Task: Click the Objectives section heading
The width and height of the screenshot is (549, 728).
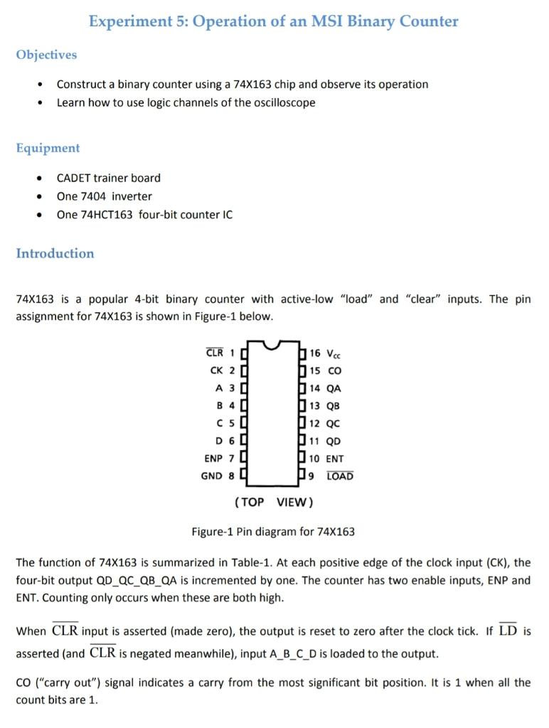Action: tap(46, 55)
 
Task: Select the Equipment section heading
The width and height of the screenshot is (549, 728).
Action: tap(48, 148)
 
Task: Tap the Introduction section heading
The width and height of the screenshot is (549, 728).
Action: tap(55, 253)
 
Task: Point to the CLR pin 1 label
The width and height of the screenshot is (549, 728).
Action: tap(215, 353)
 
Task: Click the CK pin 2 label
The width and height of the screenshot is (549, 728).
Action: tap(217, 370)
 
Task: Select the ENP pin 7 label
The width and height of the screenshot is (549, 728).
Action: tap(213, 459)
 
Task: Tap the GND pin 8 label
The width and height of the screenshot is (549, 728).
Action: tap(212, 476)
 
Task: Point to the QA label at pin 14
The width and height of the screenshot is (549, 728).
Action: tap(334, 388)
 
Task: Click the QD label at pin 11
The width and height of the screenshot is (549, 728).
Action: tap(334, 441)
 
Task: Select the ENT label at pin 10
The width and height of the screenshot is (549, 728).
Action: tap(335, 459)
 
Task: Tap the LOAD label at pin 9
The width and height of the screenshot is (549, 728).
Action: tap(339, 476)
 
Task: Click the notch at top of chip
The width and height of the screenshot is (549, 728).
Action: tap(273, 346)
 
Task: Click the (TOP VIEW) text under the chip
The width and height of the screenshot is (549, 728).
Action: tap(273, 502)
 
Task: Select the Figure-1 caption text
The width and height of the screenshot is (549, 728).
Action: tap(273, 532)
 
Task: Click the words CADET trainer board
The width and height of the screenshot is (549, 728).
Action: tap(109, 178)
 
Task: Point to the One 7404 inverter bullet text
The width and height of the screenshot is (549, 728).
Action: tap(105, 196)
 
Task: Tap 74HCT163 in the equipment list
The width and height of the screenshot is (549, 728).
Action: tap(106, 215)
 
